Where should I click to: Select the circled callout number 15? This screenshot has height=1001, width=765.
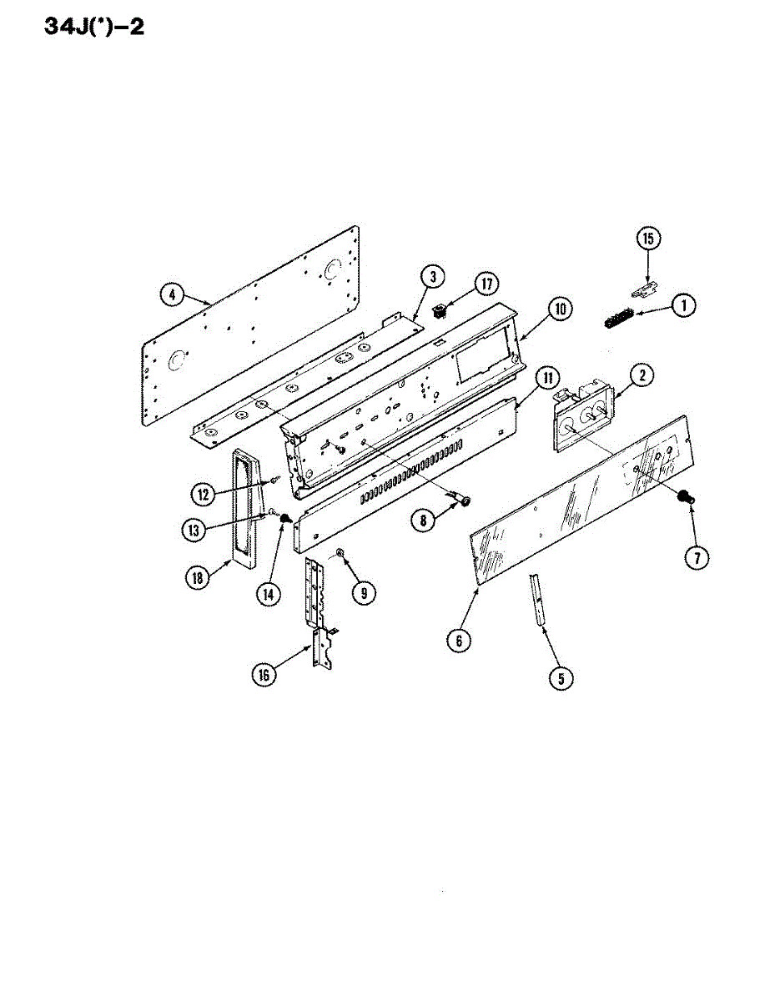click(x=649, y=239)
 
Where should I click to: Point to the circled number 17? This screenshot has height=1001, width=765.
click(x=483, y=284)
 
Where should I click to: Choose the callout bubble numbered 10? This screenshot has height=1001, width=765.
click(x=559, y=309)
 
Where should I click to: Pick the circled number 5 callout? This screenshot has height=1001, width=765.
click(x=561, y=678)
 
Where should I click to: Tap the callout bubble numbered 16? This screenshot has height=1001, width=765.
click(x=264, y=676)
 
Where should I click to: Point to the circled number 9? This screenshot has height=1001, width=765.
click(x=363, y=592)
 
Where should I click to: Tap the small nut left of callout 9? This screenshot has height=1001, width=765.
click(x=341, y=553)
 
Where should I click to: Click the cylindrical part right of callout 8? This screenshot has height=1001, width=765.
click(x=461, y=500)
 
